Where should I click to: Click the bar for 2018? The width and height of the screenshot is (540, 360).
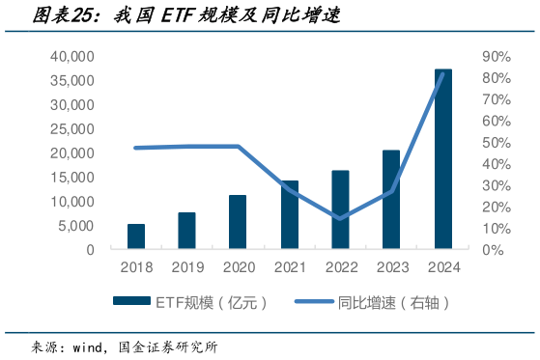tap(136, 236)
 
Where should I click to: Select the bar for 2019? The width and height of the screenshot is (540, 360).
tap(186, 231)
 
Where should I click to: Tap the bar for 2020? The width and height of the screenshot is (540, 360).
tap(238, 222)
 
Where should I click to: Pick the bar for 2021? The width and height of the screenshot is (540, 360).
tap(289, 214)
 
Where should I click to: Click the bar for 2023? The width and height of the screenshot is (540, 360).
tap(391, 200)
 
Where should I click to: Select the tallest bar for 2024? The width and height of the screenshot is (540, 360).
tap(442, 159)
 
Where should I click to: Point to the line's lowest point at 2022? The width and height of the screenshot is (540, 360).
tap(340, 218)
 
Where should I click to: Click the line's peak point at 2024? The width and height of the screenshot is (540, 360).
tap(442, 73)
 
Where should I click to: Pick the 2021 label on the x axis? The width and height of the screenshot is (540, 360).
tap(289, 267)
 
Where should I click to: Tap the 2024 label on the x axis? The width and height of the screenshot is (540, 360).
tap(442, 267)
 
